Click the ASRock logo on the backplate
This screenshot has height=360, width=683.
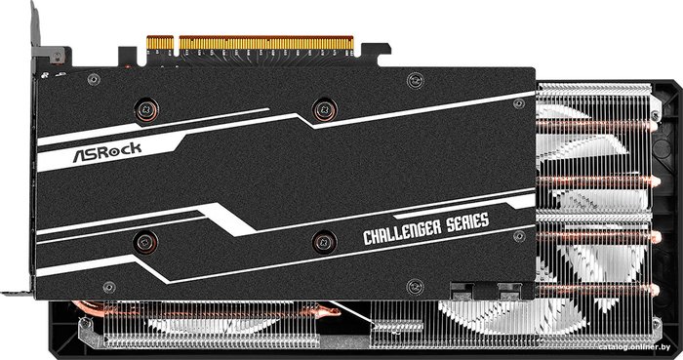[106, 151]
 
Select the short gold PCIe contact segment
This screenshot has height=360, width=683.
[160, 42]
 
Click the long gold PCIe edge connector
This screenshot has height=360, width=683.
[266, 42]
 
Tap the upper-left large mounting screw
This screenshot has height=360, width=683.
[146, 109]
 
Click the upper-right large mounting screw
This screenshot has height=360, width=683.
[325, 108]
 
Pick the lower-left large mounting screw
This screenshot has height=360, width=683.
[145, 243]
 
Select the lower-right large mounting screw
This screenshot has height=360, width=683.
[324, 242]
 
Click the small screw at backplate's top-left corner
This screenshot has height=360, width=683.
[94, 80]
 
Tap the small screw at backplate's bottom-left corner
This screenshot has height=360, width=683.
[109, 287]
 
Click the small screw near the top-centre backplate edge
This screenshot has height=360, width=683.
[415, 81]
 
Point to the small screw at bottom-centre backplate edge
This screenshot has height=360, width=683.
[415, 287]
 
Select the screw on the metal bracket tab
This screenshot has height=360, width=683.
[57, 56]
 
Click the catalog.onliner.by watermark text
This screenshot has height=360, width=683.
[634, 347]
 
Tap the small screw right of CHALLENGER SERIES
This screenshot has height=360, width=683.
[519, 236]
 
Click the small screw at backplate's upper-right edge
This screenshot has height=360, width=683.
[518, 104]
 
